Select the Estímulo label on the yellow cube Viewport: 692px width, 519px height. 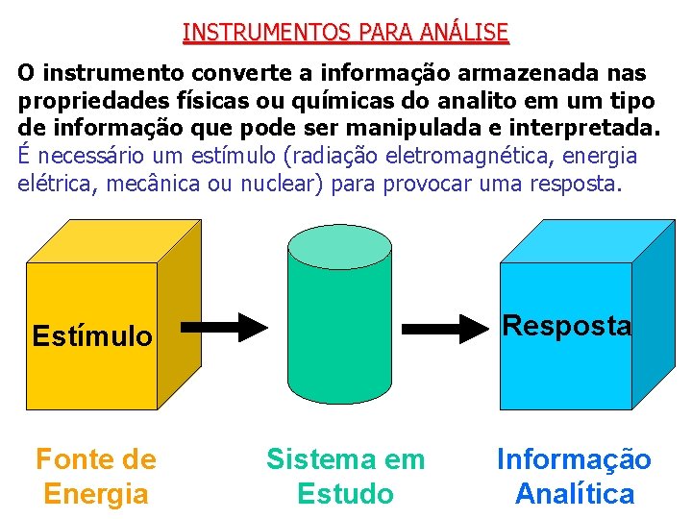point(91,336)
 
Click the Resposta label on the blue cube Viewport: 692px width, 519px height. point(567,326)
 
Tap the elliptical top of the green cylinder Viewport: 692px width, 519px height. point(340,245)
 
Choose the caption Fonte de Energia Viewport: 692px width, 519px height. point(95,477)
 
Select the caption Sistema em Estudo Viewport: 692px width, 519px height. point(345,477)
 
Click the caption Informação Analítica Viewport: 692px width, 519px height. point(574,477)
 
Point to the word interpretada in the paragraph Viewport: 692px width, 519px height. point(581,128)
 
